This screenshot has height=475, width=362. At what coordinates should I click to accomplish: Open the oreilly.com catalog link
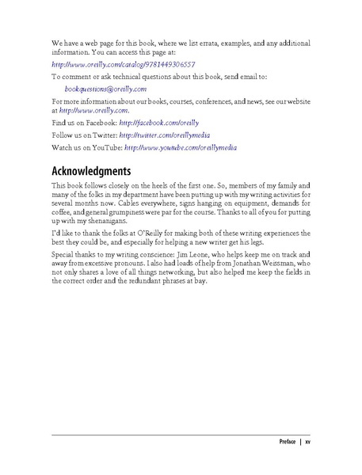click(123, 63)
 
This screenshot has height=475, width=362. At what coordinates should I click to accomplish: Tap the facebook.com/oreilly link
click(161, 123)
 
